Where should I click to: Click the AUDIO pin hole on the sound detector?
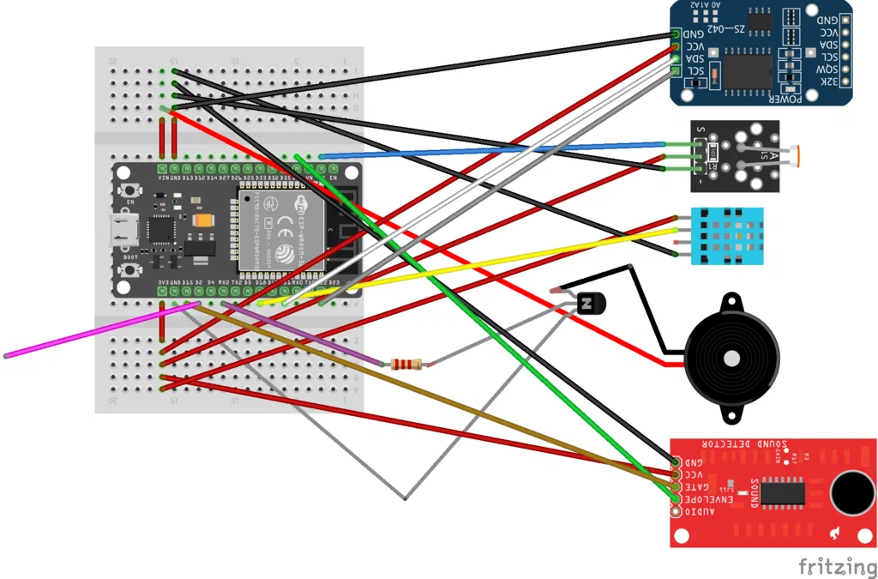click(676, 512)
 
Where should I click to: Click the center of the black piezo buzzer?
click(731, 357)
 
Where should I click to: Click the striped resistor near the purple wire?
click(406, 365)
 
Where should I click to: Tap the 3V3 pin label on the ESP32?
click(163, 281)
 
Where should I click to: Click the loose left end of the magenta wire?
click(6, 355)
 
